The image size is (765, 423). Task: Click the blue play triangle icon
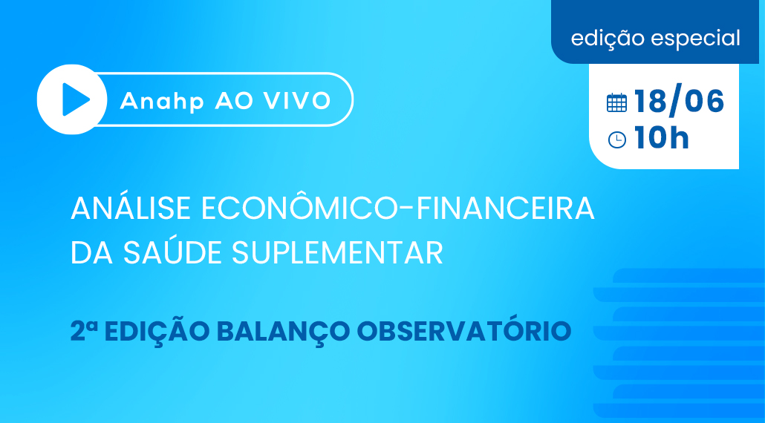pyautogui.click(x=76, y=99)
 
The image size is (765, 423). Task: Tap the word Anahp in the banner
pyautogui.click(x=162, y=102)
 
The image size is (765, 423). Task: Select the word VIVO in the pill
pyautogui.click(x=297, y=100)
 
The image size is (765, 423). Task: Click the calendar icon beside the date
pyautogui.click(x=616, y=102)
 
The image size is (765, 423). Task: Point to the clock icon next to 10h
pyautogui.click(x=616, y=140)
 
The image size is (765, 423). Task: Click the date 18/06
pyautogui.click(x=679, y=101)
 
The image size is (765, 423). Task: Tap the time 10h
pyautogui.click(x=662, y=137)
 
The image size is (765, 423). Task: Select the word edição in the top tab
pyautogui.click(x=608, y=39)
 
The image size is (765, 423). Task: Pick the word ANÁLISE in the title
pyautogui.click(x=131, y=208)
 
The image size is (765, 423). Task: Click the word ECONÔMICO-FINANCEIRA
pyautogui.click(x=397, y=208)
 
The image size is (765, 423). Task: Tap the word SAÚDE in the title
pyautogui.click(x=172, y=252)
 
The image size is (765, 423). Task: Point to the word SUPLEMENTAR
pyautogui.click(x=337, y=252)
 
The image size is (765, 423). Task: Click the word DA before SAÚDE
pyautogui.click(x=92, y=252)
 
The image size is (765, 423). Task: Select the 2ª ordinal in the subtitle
pyautogui.click(x=84, y=331)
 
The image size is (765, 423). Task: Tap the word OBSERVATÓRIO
pyautogui.click(x=464, y=330)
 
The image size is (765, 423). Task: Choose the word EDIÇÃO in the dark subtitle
pyautogui.click(x=157, y=330)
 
